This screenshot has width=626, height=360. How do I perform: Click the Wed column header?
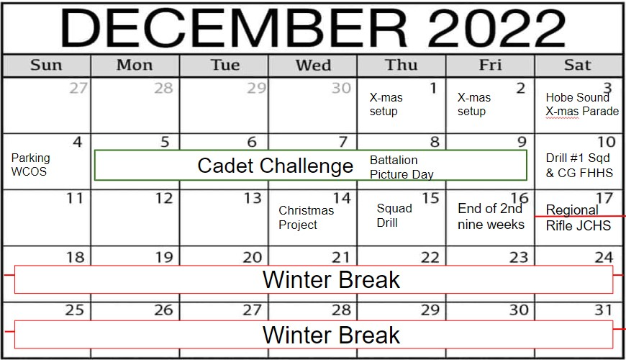[x=313, y=65]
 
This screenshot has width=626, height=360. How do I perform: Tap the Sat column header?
[x=577, y=65]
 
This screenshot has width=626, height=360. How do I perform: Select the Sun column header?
[x=46, y=65]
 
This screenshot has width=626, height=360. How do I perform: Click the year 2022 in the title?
[x=496, y=28]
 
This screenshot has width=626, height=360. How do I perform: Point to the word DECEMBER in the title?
[x=234, y=28]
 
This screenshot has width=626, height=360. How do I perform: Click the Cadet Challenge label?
[x=275, y=166]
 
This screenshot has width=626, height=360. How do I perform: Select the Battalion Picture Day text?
[x=402, y=167]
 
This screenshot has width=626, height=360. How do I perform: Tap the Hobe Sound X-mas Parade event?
[x=582, y=104]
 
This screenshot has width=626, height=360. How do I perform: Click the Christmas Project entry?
[x=307, y=217]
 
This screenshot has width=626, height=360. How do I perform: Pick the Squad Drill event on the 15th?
[x=394, y=215]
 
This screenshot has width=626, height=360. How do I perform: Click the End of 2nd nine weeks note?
[x=491, y=216]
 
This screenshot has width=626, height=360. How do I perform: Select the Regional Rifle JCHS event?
[x=578, y=217]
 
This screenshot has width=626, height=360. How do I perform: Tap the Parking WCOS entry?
[x=31, y=165]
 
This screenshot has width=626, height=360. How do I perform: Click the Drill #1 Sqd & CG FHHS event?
[x=579, y=166]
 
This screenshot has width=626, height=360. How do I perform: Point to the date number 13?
[x=253, y=198]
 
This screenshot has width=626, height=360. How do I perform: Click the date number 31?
[x=603, y=310]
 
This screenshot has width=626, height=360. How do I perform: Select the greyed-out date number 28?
[x=163, y=88]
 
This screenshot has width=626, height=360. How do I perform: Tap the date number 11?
[x=75, y=198]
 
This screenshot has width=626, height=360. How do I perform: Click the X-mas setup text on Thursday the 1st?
[x=386, y=104]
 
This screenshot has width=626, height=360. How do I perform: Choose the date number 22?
[x=430, y=258]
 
